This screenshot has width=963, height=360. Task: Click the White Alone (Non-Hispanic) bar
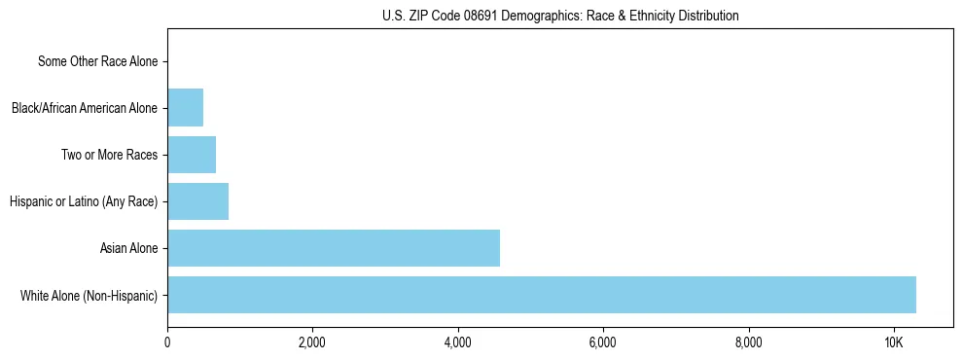coord(541,295)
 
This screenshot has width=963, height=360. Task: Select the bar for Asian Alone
coord(334,248)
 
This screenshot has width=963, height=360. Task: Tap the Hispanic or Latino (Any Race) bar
coord(197,201)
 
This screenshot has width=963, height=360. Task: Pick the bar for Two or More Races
coord(192,155)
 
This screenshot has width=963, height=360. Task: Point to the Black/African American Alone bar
coord(185,108)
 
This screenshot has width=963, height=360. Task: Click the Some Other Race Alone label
coord(97,61)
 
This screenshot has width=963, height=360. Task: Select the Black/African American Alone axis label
coord(85,108)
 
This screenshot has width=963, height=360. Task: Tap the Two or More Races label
coord(109,155)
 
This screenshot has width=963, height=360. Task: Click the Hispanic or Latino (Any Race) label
coord(84,201)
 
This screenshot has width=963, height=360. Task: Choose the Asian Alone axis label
coord(128,248)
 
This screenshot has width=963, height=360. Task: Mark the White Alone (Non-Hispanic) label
coord(89,295)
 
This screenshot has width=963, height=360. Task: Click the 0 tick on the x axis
coord(167,342)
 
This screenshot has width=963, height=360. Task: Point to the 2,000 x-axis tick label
coord(312,342)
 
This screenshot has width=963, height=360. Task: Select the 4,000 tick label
coord(458,342)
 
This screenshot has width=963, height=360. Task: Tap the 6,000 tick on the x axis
coord(603,342)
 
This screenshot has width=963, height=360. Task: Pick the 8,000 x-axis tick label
coord(749,342)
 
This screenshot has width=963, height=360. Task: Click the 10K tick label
coord(894,342)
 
